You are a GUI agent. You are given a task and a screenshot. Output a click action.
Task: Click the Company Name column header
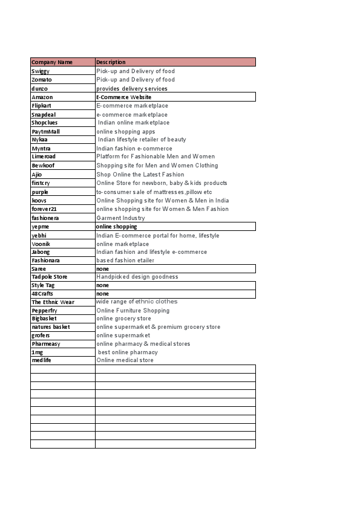pos(52,62)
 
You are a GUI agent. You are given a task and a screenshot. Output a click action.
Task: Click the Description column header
pos(111,62)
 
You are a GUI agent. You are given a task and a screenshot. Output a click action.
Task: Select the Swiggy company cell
pos(41,71)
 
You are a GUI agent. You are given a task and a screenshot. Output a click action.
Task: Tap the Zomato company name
pos(42,80)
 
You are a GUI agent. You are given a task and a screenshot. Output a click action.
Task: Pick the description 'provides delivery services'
pos(132,89)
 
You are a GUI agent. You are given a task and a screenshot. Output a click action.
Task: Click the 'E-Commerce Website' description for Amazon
pos(124,97)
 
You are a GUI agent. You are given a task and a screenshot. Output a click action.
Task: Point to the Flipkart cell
pos(42,106)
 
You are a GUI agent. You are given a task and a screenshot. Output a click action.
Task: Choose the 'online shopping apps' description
pos(126,132)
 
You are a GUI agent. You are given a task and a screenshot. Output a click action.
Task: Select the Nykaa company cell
pos(39,140)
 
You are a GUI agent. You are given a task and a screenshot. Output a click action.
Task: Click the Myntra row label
pos(41,149)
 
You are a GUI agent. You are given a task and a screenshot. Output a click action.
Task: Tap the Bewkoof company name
pos(44,166)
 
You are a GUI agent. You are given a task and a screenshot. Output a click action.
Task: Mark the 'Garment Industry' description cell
pos(121,218)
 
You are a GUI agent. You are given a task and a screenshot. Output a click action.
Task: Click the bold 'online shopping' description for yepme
pos(117,227)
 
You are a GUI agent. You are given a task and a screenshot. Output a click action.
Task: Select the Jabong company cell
pos(41,252)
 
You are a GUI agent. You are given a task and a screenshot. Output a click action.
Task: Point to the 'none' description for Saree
pos(103,268)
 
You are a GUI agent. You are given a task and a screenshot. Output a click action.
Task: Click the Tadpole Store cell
pos(50,277)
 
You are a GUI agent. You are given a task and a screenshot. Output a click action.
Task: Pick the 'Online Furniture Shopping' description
pos(133,311)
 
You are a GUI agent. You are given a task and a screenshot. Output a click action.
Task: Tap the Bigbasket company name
pos(44,319)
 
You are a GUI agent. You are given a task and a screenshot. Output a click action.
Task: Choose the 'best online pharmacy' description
pos(128,352)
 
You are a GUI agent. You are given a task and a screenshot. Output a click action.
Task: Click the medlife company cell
pos(42,360)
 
